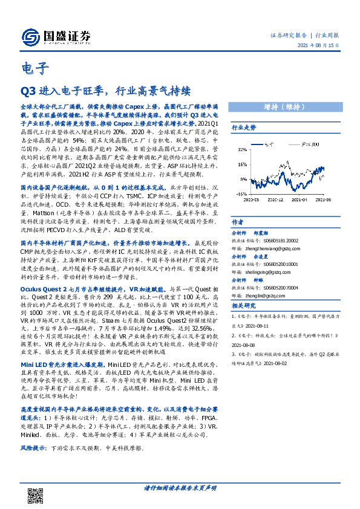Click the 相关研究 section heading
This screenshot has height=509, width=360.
(x=244, y=306)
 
